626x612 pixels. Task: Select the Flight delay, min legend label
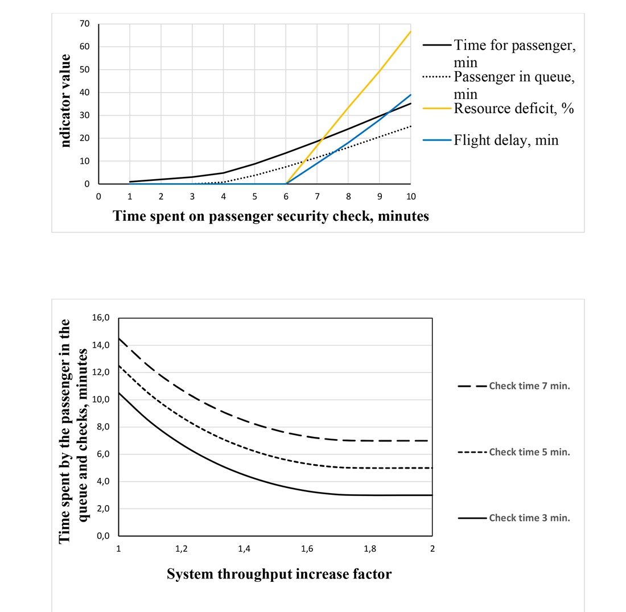pos(506,140)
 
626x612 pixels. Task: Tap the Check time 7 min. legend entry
pos(529,386)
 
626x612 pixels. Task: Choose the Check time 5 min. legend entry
pos(529,452)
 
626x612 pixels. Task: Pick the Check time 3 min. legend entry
pos(529,518)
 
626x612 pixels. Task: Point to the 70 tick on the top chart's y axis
pos(85,24)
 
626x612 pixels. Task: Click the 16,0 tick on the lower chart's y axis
pos(101,317)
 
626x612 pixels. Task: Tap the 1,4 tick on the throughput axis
pos(244,549)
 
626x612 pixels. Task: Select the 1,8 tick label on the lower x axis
pos(370,549)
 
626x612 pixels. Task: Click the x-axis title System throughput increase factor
pos(279,574)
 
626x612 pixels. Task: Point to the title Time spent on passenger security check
pos(271,216)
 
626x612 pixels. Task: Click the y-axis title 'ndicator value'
pos(65,101)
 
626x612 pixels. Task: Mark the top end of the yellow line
pos(410,31)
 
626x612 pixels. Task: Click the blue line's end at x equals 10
pos(410,95)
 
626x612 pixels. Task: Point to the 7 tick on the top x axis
pos(317,196)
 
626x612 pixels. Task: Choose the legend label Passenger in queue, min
pos(514,85)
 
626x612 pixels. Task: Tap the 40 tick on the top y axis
pos(85,92)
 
